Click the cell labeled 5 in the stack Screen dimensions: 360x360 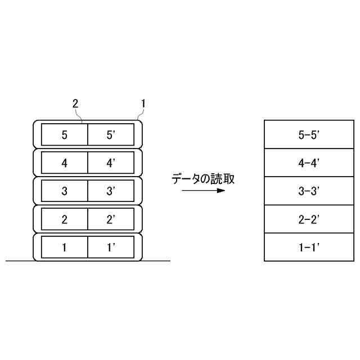coord(64,134)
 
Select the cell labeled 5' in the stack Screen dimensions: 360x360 coord(111,134)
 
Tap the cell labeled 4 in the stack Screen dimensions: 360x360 coord(64,163)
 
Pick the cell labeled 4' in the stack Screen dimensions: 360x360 coord(111,163)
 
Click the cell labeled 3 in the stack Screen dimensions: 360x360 coord(64,191)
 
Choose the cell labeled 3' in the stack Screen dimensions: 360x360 coord(111,191)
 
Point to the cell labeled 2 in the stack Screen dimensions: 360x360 coord(64,219)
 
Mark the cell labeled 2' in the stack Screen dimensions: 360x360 coord(111,219)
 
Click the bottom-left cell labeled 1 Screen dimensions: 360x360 coord(64,247)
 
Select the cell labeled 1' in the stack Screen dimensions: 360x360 coord(111,247)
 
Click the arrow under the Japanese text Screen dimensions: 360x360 coord(203,191)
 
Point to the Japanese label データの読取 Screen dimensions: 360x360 coord(203,179)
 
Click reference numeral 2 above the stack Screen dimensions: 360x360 coord(75,103)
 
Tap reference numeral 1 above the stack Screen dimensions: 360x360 coord(143,103)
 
